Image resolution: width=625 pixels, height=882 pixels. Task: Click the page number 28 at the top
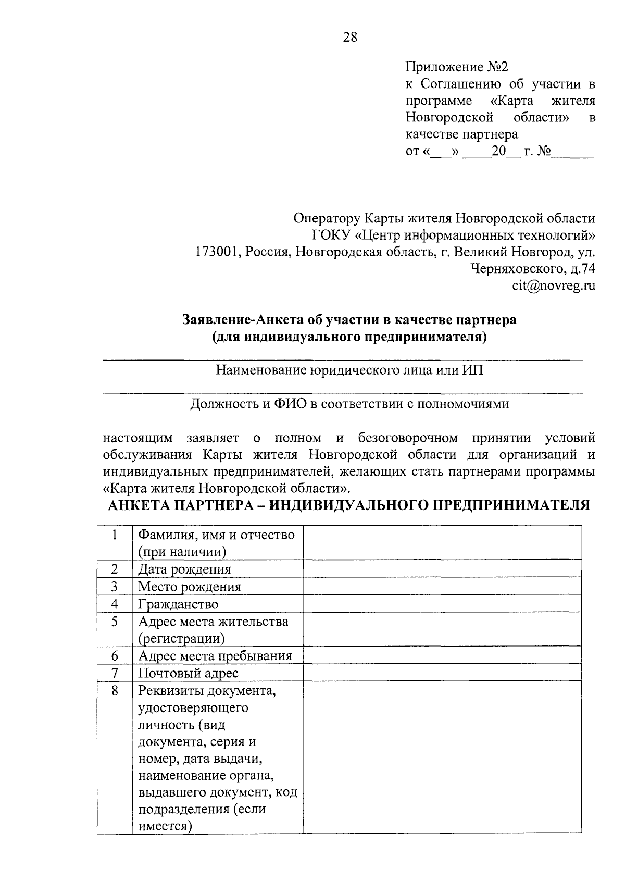[350, 37]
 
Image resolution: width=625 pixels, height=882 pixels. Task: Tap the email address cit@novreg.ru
[553, 285]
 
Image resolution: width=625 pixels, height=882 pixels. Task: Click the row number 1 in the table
[115, 535]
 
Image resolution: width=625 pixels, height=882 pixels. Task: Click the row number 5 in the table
[115, 621]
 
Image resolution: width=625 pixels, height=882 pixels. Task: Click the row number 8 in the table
[115, 690]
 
